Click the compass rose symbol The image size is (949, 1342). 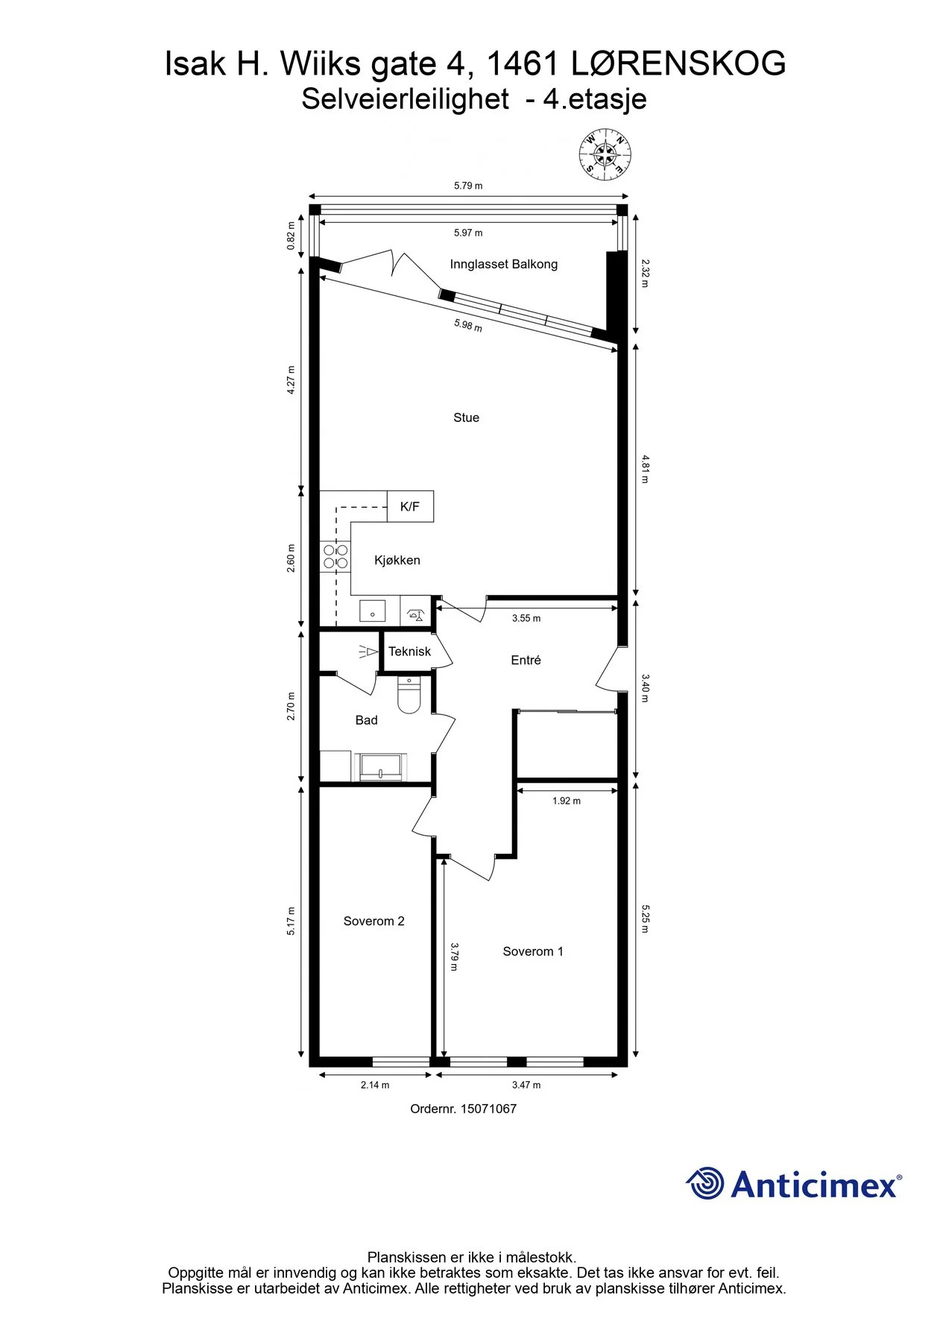click(x=605, y=155)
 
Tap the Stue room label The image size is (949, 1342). click(x=467, y=418)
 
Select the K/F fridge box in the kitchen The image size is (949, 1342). click(x=410, y=506)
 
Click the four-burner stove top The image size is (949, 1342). click(x=335, y=556)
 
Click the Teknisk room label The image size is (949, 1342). click(x=409, y=652)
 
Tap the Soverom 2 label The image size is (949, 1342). click(x=374, y=922)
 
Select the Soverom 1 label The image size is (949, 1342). click(x=533, y=951)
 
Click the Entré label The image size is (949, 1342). click(x=526, y=660)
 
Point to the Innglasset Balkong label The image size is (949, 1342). click(x=504, y=264)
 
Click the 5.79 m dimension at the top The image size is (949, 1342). click(x=468, y=186)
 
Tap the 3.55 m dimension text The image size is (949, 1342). click(x=526, y=618)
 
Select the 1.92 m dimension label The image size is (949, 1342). click(x=567, y=801)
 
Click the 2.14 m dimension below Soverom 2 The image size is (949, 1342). click(x=375, y=1085)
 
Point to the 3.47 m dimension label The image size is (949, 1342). click(x=526, y=1085)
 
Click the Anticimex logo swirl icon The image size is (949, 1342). click(x=704, y=1183)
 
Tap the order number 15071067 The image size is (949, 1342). click(x=488, y=1109)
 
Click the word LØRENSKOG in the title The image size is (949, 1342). click(x=678, y=63)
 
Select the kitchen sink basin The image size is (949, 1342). click(x=372, y=611)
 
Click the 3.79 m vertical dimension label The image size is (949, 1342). click(x=454, y=957)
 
